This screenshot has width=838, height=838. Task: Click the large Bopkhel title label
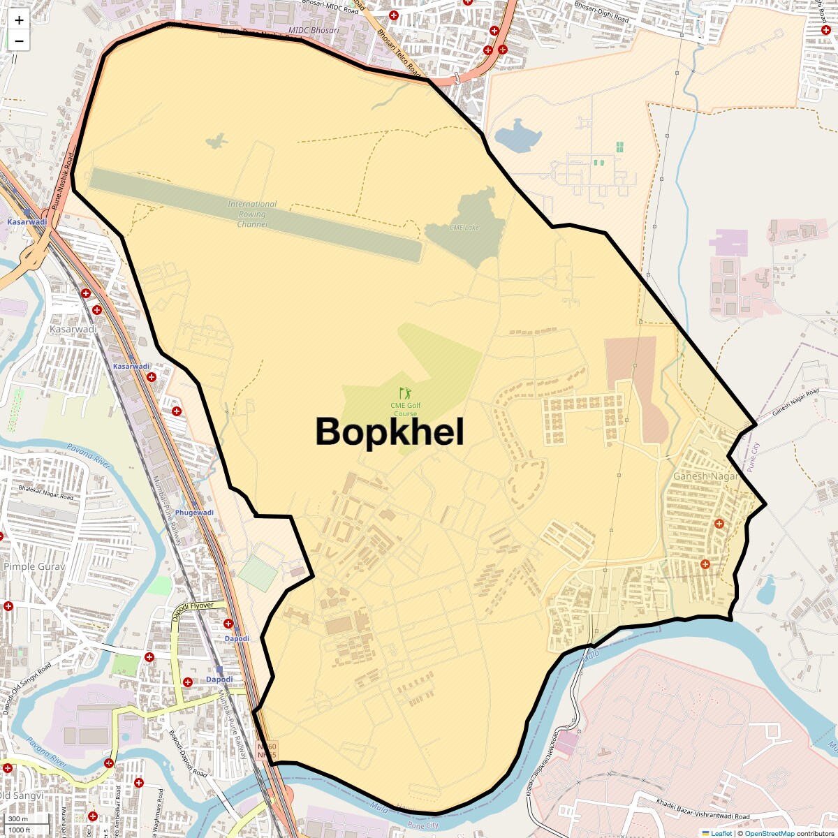click(390, 432)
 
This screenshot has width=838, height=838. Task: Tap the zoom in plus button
click(19, 20)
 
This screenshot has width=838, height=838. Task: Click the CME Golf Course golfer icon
click(405, 393)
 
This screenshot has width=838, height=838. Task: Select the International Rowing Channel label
click(252, 214)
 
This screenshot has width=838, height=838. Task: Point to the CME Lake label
click(464, 228)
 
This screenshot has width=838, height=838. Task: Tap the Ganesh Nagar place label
click(705, 476)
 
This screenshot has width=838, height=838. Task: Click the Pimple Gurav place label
click(34, 566)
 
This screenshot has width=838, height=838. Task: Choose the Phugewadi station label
click(194, 513)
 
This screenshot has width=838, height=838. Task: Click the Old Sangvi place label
click(21, 795)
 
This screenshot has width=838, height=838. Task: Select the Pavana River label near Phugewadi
click(89, 456)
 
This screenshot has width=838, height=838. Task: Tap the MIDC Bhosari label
click(314, 31)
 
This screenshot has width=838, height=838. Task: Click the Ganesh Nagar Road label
click(795, 402)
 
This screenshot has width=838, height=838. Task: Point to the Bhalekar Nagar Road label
click(46, 492)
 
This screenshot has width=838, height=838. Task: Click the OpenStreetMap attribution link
click(769, 833)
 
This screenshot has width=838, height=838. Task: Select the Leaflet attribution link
click(721, 833)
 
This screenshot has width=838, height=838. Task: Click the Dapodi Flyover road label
click(193, 610)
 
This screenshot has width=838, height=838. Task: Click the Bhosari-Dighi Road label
click(601, 12)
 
